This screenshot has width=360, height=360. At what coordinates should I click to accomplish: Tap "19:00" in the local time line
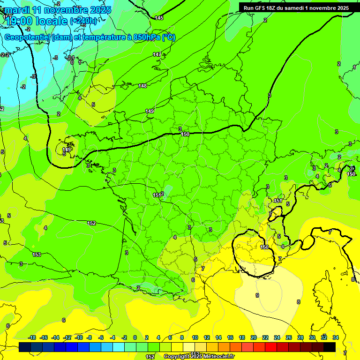coord(20,21)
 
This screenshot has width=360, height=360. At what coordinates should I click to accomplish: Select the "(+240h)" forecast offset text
coord(84,21)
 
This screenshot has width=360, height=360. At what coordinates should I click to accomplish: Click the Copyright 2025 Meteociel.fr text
coord(199,357)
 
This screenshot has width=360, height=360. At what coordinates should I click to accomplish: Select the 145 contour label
coord(159,18)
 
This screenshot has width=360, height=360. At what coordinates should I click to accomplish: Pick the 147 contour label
coord(157,55)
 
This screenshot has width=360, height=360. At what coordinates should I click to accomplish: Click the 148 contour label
coord(142,86)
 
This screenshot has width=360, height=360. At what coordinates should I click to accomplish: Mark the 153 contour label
coord(37,255)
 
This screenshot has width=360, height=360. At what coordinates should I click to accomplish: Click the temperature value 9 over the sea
coord(257,295)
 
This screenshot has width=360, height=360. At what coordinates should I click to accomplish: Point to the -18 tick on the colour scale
coord(32,337)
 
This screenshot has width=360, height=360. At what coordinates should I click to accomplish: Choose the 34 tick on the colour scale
coord(336,337)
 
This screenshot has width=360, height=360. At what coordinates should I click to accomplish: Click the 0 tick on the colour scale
coord(135,337)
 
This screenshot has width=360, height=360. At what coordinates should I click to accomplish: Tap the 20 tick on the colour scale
coord(253,337)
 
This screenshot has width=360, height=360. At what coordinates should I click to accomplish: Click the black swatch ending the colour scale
coord(330,347)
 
